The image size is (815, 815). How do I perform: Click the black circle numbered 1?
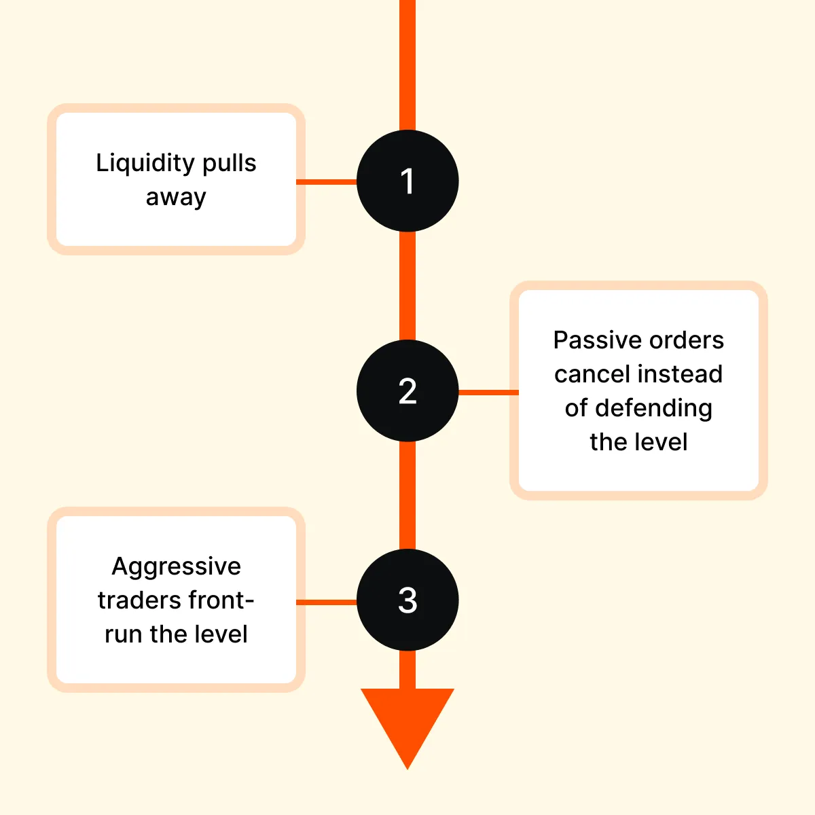click(407, 181)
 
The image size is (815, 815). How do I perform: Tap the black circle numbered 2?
click(407, 391)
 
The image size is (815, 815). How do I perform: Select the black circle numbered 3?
click(407, 600)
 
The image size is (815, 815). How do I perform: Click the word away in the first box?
click(176, 197)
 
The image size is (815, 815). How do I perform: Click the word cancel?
click(585, 374)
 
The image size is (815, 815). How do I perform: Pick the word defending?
click(653, 408)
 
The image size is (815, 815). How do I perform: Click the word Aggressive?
click(176, 566)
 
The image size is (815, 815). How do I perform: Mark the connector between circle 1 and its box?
click(327, 182)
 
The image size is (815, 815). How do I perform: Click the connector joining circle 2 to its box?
click(488, 392)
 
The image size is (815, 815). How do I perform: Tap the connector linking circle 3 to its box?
click(327, 602)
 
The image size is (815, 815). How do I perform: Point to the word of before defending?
click(576, 408)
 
